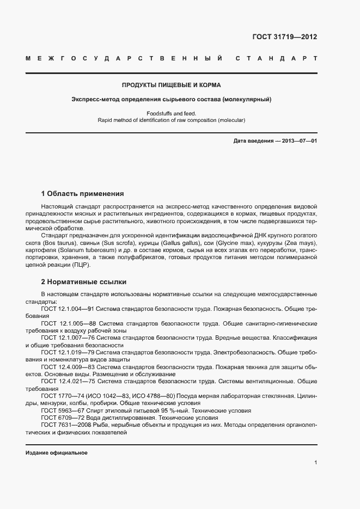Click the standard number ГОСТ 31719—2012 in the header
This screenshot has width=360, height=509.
click(284, 38)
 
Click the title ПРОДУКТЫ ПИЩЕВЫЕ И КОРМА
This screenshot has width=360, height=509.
click(171, 85)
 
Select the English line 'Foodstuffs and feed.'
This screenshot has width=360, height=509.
click(171, 113)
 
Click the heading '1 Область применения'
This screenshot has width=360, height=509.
click(82, 193)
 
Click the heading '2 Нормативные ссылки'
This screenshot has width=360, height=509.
click(84, 282)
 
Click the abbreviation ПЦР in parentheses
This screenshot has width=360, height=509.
click(79, 265)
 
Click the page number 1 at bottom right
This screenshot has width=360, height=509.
click(315, 463)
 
